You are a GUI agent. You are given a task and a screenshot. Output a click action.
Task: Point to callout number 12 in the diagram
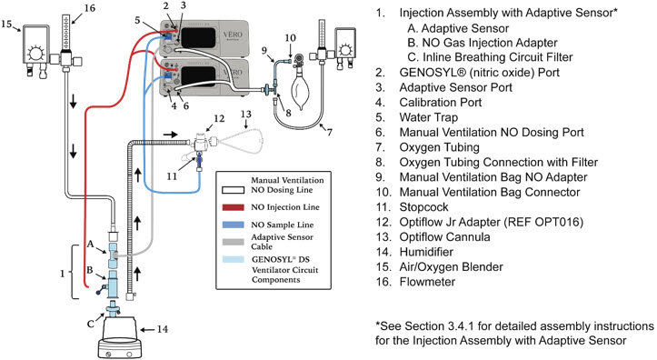[219, 118]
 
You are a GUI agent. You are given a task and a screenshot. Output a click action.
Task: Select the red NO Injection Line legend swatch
[233, 207]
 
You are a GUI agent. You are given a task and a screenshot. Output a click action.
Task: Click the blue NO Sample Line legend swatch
[233, 225]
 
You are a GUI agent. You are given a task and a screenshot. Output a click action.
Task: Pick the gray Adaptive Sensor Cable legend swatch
[233, 242]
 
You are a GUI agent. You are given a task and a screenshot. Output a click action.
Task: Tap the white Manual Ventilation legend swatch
[233, 190]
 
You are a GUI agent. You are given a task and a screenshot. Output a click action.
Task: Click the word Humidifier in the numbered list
[426, 252]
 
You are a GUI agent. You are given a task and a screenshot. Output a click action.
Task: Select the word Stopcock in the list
[423, 207]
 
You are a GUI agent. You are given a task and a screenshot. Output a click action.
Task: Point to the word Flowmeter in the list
[427, 282]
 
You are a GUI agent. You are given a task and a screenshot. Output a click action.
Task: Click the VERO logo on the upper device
[233, 35]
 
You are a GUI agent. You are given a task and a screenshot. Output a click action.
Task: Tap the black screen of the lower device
[199, 76]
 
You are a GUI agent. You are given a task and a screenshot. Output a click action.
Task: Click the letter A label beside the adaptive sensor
[90, 244]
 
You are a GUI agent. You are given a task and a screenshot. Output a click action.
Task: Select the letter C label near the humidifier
[91, 324]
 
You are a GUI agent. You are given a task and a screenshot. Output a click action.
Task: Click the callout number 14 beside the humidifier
[162, 329]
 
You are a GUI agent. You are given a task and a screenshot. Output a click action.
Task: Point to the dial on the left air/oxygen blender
[35, 54]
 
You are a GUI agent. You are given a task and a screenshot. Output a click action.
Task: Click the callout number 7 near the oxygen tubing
[330, 132]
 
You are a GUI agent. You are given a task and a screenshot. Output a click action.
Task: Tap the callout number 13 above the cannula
[246, 114]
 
